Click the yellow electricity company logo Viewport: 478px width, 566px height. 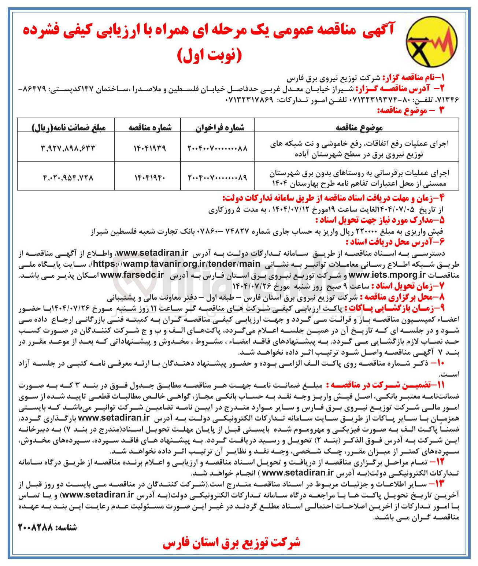[x=432, y=42]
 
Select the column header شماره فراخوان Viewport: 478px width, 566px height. [x=219, y=127]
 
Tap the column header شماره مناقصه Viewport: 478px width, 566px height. [x=150, y=127]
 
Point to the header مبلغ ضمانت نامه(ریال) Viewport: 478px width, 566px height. [x=69, y=127]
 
